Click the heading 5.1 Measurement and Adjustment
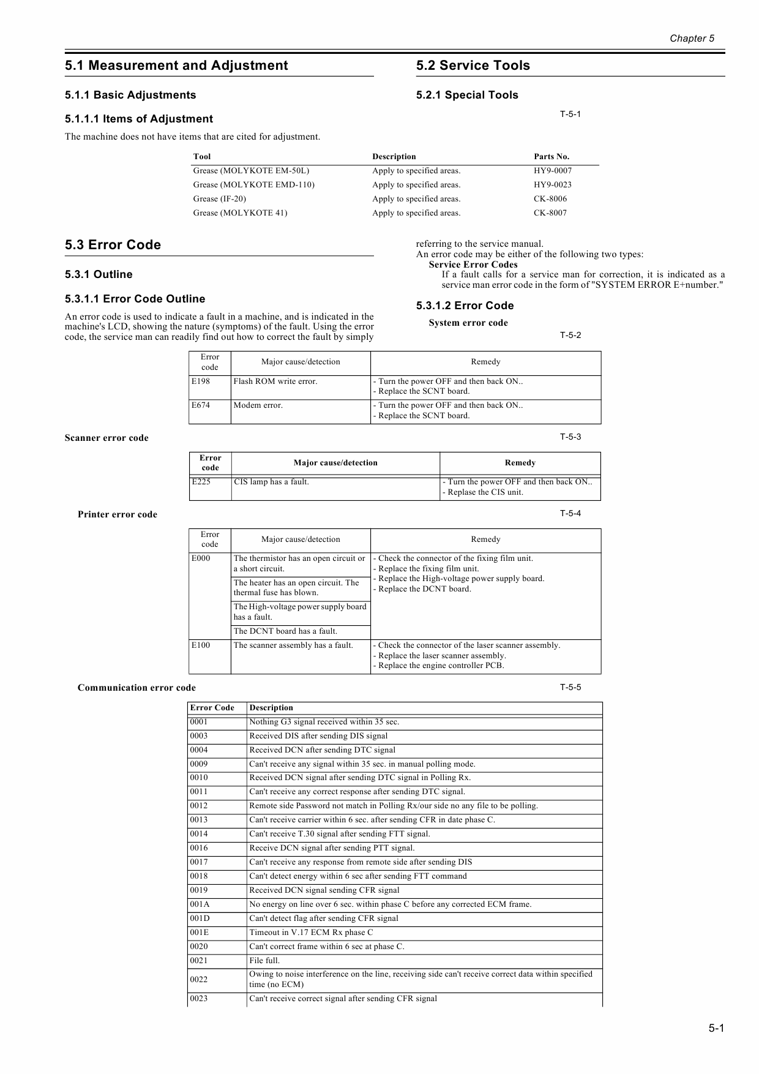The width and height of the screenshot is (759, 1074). coord(176,66)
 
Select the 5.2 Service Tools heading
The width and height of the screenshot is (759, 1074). coord(473,66)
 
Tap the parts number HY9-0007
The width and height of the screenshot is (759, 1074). coord(553,171)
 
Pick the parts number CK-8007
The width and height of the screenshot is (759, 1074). coord(550,213)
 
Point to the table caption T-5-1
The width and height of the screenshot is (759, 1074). coord(570,114)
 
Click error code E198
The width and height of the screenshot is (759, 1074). coord(201,381)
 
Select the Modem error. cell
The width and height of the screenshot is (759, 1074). coord(258,405)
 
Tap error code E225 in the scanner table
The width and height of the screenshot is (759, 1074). coord(201,482)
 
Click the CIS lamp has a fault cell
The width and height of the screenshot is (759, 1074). coord(271,482)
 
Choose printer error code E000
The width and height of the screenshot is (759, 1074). coord(201,558)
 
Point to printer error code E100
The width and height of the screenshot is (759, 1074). coord(201,645)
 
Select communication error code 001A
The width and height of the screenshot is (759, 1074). coord(200,904)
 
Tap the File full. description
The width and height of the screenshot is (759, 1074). coord(264,961)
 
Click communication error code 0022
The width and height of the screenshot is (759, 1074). coord(199,980)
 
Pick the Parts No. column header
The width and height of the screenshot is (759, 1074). coord(551,157)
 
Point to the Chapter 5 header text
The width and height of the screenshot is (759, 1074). coord(692,39)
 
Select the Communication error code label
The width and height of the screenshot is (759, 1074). coord(136,688)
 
